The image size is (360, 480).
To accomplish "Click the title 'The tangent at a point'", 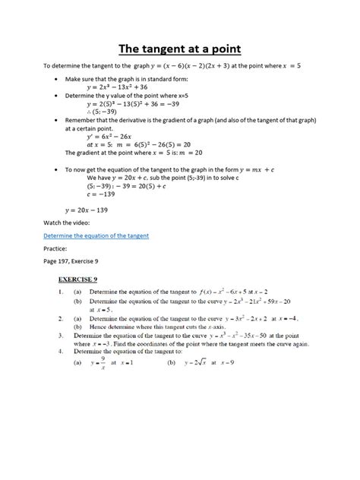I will click(x=179, y=49).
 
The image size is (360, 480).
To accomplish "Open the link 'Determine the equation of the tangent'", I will click(x=96, y=235).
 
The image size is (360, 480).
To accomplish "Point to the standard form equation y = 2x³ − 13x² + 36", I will click(x=122, y=87).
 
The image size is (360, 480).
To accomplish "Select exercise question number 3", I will click(x=61, y=334).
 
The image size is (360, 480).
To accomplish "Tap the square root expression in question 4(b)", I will click(x=202, y=363).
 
